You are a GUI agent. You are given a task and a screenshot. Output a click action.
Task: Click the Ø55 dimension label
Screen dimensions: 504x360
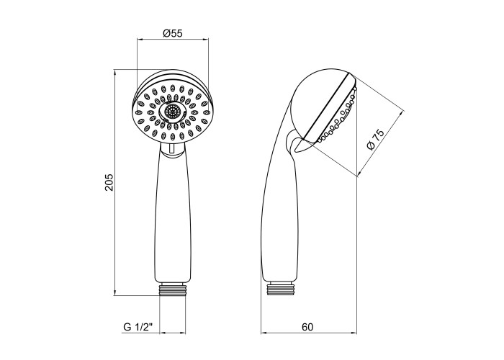(x=173, y=33)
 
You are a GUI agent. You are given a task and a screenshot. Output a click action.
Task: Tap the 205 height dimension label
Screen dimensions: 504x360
(x=110, y=182)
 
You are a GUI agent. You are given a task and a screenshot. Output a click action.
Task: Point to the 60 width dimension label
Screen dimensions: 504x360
(x=307, y=327)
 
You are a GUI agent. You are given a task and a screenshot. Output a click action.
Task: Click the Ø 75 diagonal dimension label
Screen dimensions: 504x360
(x=375, y=140)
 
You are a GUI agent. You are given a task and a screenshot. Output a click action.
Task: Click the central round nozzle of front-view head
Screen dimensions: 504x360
(x=173, y=112)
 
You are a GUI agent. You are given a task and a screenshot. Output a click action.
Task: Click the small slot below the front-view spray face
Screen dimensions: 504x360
(x=172, y=148)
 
